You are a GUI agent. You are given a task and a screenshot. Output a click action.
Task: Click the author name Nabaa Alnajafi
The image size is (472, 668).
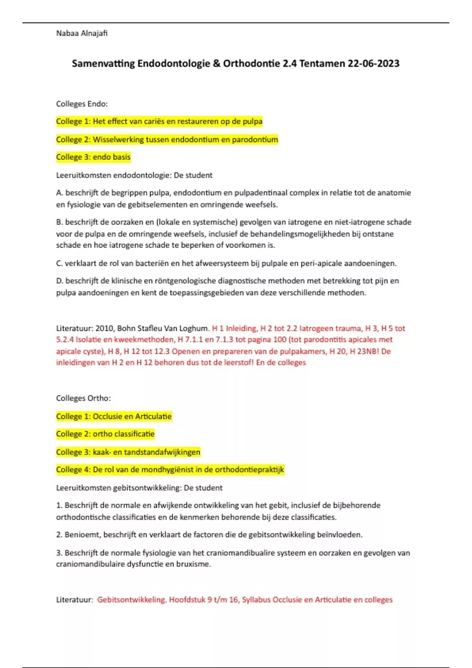click(x=82, y=33)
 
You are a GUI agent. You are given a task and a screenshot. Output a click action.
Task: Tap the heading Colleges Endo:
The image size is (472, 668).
click(x=82, y=104)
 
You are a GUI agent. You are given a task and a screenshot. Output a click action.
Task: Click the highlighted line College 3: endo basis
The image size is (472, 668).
click(x=93, y=157)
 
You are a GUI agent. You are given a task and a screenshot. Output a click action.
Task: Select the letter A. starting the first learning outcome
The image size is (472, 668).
click(x=60, y=193)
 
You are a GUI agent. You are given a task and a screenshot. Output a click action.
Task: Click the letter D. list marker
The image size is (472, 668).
click(x=60, y=281)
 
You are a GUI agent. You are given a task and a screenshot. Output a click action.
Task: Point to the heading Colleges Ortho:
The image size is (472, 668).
click(x=83, y=398)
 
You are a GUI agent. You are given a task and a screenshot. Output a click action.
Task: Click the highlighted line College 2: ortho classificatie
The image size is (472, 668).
click(x=105, y=434)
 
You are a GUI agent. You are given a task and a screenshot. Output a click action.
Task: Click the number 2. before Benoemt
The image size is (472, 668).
click(x=59, y=535)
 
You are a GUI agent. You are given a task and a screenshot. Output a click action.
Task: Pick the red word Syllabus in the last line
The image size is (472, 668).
click(x=256, y=600)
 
